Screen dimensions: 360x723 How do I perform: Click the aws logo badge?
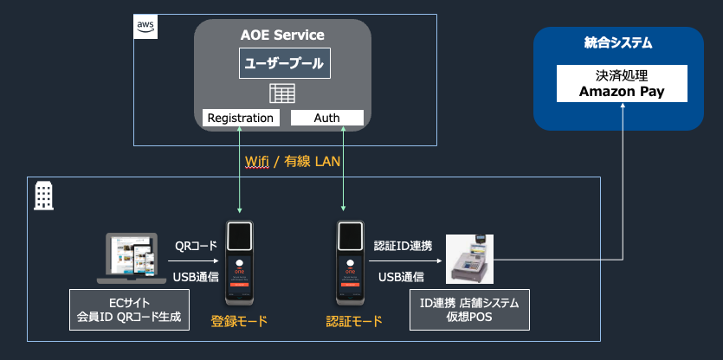[145, 25]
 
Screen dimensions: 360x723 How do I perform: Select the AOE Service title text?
[282, 35]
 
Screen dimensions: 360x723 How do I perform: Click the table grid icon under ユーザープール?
[282, 93]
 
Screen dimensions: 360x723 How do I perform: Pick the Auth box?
[326, 118]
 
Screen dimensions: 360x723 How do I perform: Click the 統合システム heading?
[618, 42]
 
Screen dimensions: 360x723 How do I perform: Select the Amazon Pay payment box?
[622, 82]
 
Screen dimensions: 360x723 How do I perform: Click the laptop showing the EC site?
[131, 257]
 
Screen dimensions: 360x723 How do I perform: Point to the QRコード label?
[196, 246]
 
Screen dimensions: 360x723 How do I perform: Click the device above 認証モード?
[351, 262]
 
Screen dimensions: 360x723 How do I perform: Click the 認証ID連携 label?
[402, 246]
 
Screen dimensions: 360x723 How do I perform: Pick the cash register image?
[470, 258]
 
